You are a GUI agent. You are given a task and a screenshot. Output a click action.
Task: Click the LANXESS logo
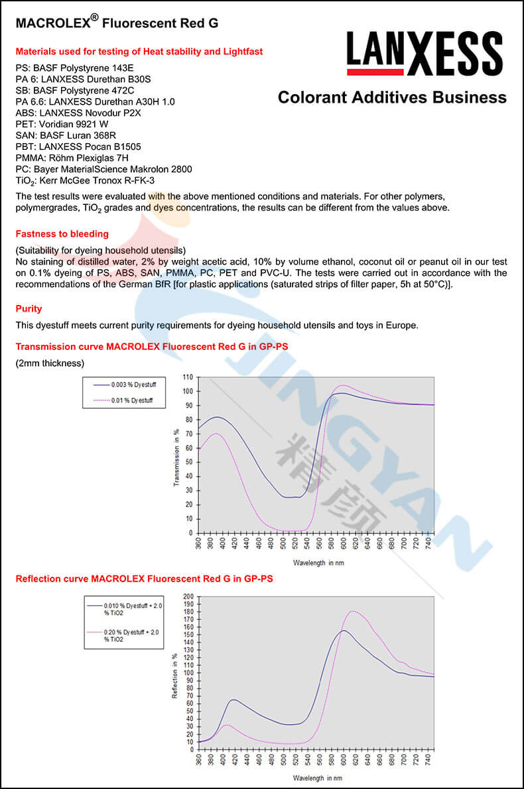click(424, 52)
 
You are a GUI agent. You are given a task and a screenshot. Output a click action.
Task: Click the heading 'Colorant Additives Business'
click(392, 97)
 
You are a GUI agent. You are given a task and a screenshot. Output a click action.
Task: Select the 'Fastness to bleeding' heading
click(62, 234)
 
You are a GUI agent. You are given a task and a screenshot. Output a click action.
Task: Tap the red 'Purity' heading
click(29, 309)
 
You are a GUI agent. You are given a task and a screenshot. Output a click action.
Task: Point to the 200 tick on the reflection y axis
click(189, 596)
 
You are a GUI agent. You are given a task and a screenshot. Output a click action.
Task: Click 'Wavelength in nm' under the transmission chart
click(318, 562)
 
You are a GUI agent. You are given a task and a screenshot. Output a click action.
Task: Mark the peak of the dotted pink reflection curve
click(354, 611)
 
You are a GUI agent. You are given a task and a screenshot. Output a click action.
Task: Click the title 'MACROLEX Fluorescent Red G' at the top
click(117, 23)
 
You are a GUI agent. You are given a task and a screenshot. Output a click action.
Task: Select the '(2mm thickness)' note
click(50, 363)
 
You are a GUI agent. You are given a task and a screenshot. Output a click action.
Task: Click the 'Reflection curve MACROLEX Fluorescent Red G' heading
click(144, 579)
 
